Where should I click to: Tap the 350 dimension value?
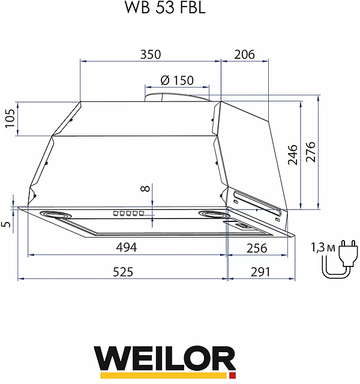point(151,54)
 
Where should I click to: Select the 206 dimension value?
point(244,54)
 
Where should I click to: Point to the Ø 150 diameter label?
point(177,80)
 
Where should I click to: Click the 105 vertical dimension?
point(9,118)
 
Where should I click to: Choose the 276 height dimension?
point(310,155)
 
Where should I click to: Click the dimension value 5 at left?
point(7,224)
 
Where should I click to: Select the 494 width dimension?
point(127,247)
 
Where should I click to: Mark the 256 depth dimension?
point(256,247)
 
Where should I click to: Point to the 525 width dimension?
point(122,272)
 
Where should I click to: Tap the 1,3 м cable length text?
point(321,247)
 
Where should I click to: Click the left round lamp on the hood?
point(52,215)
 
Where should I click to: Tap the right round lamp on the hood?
point(213,215)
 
